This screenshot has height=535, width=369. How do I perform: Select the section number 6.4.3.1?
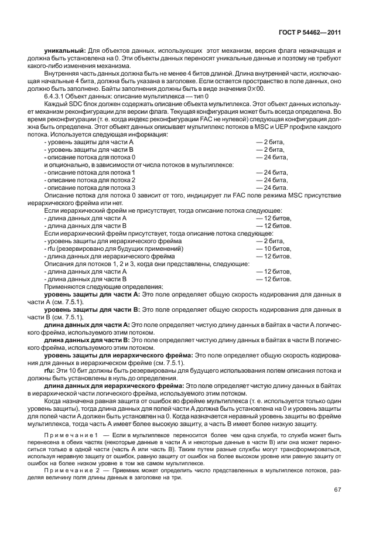pos(57,96)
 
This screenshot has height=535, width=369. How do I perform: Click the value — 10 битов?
pos(274,248)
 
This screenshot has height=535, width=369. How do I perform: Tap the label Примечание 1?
pos(73,435)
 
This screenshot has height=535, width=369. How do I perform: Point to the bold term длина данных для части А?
pos(87,323)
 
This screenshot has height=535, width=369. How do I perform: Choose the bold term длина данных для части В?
pos(87,339)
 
